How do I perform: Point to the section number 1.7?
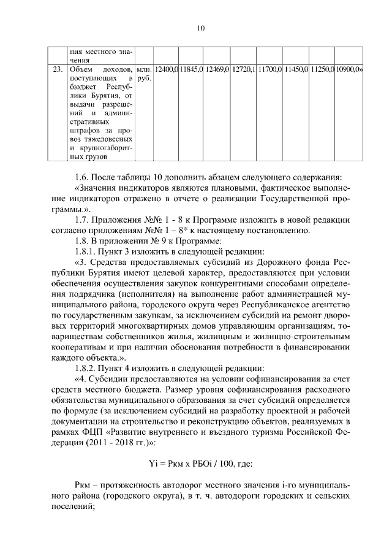(x=81, y=220)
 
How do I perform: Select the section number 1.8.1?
(x=86, y=251)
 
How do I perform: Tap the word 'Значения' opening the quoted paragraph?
(x=95, y=188)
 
